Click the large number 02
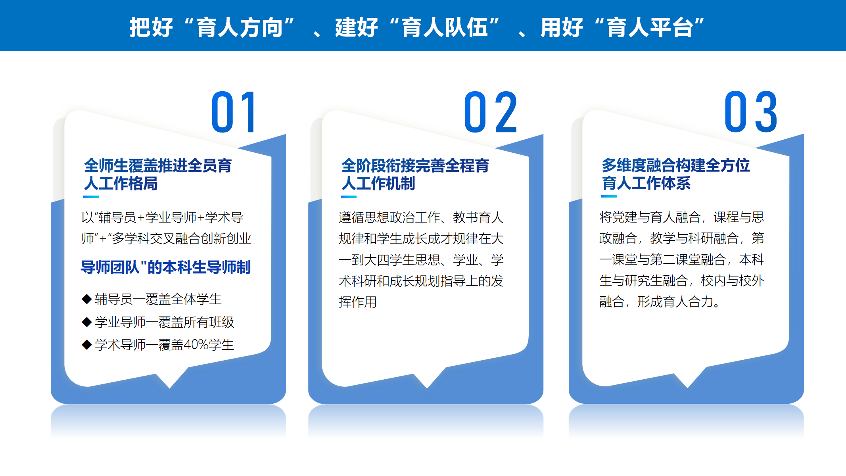491,112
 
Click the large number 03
751,112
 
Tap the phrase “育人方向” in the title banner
240,27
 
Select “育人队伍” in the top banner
445,27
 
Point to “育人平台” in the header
650,27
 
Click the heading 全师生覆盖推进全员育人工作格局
158,175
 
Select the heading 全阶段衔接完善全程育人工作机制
415,175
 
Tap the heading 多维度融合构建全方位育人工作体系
676,174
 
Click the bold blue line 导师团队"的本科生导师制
166,267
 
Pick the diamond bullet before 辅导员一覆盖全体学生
86,299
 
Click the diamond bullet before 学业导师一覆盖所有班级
86,322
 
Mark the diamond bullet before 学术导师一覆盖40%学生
86,345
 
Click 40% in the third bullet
196,345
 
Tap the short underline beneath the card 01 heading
91,197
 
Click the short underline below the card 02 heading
349,197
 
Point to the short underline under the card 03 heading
609,196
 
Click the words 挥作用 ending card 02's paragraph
358,302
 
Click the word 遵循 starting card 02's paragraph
351,217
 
